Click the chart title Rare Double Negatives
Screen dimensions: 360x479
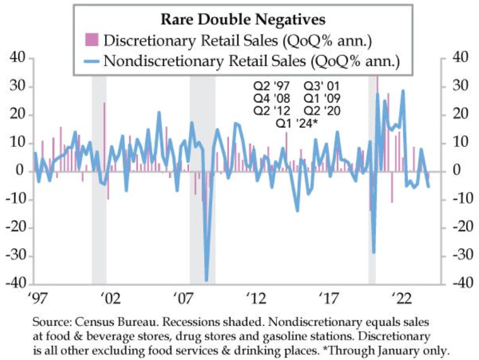pos(243,20)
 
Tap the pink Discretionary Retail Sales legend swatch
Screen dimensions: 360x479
pos(91,40)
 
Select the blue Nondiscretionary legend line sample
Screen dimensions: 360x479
pos(91,60)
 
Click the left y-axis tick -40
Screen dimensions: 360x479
pos(16,284)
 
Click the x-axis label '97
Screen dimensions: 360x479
pos(34,299)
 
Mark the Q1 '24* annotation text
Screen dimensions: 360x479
pos(297,124)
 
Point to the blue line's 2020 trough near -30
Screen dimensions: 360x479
pos(373,252)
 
